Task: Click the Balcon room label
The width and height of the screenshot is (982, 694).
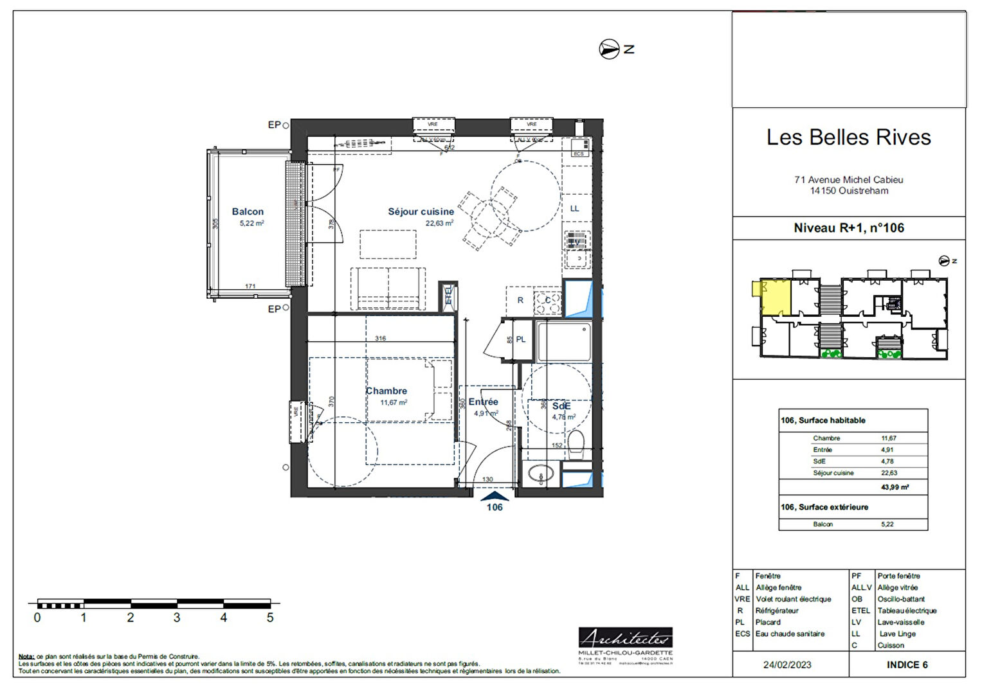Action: point(248,211)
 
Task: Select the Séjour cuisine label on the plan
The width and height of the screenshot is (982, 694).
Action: point(421,211)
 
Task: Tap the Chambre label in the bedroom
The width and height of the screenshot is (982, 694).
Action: point(386,391)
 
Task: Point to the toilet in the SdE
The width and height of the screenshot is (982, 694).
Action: point(576,445)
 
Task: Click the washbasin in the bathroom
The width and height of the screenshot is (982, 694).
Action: point(540,476)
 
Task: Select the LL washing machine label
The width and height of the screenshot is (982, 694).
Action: point(574,209)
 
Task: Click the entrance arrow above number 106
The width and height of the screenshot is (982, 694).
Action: point(495,496)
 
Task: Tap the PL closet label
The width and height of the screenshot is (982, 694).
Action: point(521,339)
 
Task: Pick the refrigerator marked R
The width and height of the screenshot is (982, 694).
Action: point(520,301)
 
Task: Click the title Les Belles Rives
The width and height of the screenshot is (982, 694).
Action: point(848,138)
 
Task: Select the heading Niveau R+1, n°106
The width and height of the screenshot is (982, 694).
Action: point(848,228)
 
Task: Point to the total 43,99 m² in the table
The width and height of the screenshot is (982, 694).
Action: point(895,487)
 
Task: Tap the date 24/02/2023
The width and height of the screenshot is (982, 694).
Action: point(787,665)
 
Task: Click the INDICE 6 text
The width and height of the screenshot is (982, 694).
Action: point(907,665)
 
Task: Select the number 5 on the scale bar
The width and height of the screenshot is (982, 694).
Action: point(270,618)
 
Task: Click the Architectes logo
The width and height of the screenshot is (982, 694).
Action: point(625,639)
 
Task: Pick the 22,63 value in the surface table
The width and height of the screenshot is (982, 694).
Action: point(889,473)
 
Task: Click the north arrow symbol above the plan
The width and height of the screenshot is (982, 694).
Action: point(609,49)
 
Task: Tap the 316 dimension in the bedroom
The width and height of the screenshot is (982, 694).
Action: point(381,338)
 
